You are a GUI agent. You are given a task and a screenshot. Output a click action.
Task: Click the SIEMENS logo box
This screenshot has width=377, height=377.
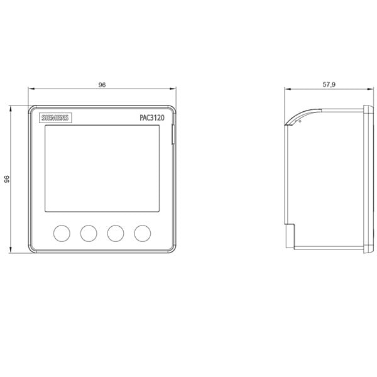click(55, 118)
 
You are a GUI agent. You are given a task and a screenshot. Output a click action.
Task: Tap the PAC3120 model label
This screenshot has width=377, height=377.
click(152, 117)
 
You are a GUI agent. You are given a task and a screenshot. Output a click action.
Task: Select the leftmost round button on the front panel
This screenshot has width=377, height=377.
click(62, 233)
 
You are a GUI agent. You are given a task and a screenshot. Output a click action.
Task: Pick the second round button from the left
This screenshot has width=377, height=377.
click(89, 233)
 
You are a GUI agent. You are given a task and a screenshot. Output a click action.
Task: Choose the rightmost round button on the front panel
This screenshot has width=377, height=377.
click(143, 233)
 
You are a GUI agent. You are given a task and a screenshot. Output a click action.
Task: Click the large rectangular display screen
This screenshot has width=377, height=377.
click(102, 168)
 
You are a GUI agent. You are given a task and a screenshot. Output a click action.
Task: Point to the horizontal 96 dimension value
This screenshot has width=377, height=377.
click(102, 85)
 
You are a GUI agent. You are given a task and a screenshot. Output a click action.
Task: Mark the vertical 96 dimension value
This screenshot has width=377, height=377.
click(7, 179)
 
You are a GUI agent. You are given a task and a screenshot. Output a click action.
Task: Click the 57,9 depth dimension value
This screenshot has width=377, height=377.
click(329, 84)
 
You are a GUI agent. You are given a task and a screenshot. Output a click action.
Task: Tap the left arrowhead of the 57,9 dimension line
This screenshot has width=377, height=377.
click(287, 89)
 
